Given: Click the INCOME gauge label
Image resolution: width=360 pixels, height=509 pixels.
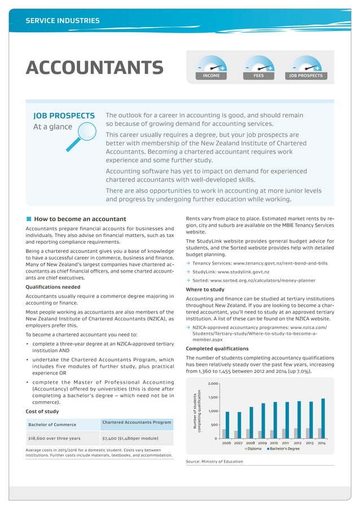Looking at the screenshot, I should [211, 75].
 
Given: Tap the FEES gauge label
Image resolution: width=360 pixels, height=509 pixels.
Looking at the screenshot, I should [258, 75].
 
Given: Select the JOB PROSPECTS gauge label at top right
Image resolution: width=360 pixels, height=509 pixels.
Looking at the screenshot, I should [306, 75].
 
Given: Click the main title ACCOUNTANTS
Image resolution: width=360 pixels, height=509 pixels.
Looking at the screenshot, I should [95, 68].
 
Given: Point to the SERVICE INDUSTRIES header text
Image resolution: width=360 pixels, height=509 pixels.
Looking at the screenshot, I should [63, 21].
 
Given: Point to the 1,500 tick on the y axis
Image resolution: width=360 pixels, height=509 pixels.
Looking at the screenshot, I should [212, 397].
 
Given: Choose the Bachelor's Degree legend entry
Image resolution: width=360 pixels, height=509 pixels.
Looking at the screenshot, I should [285, 449].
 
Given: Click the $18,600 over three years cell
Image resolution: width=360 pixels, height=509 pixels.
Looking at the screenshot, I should [54, 438].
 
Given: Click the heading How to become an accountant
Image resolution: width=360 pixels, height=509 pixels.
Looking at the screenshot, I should [80, 219].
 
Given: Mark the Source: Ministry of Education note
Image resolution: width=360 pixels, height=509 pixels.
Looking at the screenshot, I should [214, 462].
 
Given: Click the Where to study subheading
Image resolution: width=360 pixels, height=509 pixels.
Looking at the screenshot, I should [205, 289].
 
